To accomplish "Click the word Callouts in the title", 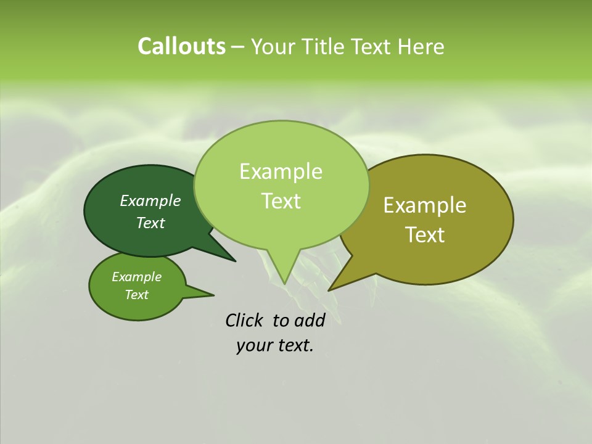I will pos(181,46).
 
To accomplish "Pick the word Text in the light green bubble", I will pos(281,200).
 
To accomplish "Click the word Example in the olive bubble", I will pos(425,205).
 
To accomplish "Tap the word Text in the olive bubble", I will pos(425,234).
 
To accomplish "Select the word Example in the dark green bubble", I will pos(150,200).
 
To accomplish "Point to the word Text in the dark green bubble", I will pos(150,223).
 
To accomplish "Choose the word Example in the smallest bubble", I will pos(136,277).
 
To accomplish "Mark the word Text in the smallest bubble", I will pos(136,295).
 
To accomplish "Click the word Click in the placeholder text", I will pos(244,320).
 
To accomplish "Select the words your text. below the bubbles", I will pos(275,345).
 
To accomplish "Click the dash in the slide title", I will pos(239,47).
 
